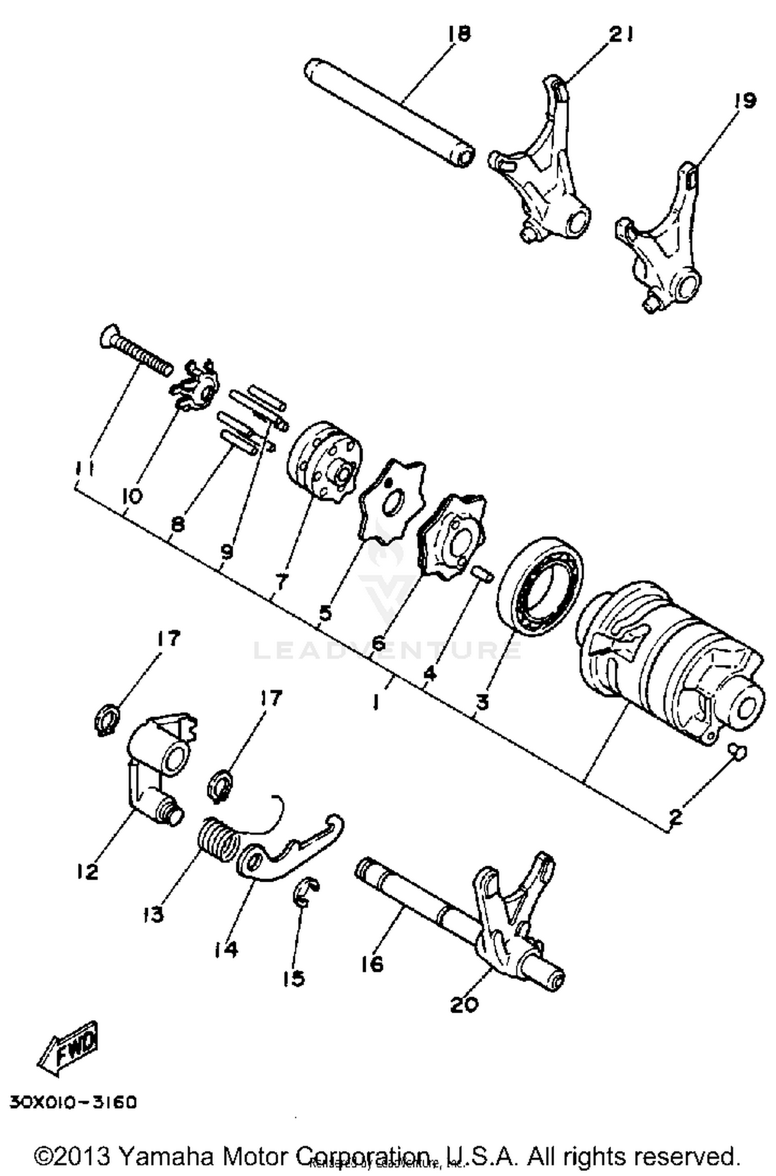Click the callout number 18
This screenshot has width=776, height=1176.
click(459, 34)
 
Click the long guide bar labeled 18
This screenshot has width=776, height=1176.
click(388, 114)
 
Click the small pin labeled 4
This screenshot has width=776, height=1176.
click(483, 574)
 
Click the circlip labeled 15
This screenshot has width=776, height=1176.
click(306, 893)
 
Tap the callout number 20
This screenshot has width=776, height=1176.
click(464, 1004)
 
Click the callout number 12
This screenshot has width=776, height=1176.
click(87, 872)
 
